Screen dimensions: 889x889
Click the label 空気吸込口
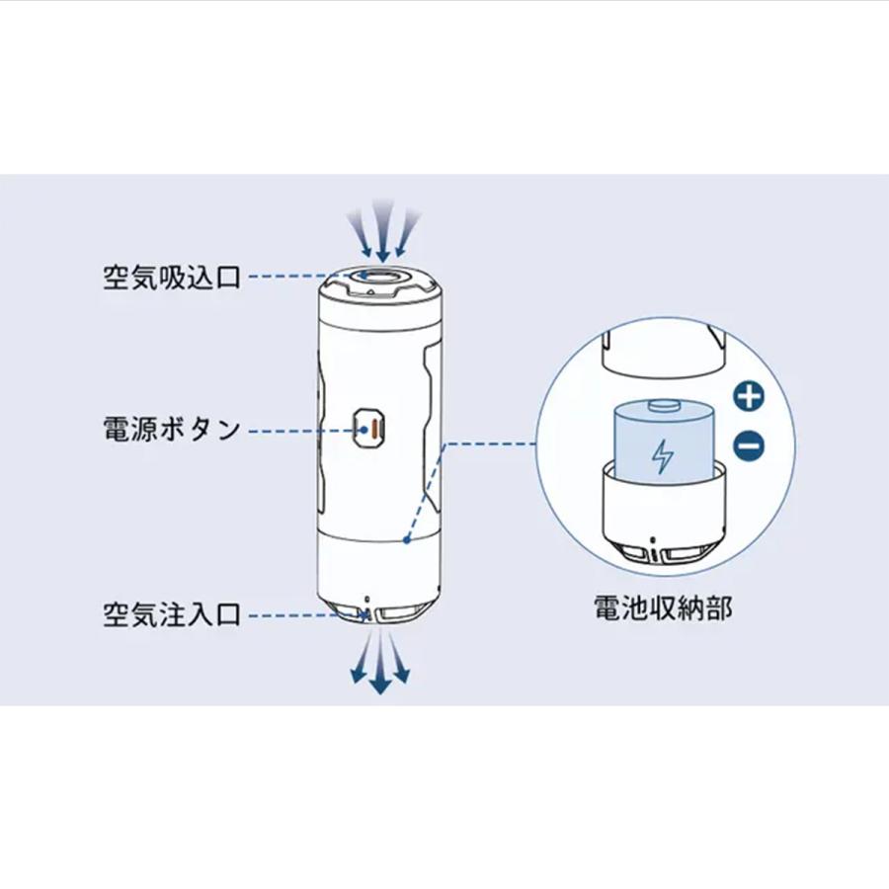tap(172, 277)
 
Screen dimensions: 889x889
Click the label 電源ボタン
tap(172, 430)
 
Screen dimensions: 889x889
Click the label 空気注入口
tap(172, 615)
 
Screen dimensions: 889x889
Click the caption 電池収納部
tap(663, 607)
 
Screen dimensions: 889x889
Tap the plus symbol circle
tap(750, 397)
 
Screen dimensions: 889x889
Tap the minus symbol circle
tap(750, 446)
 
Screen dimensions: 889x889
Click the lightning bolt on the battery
tap(661, 455)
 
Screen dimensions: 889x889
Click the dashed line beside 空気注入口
tap(301, 615)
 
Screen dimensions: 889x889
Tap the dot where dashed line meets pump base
tap(408, 540)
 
